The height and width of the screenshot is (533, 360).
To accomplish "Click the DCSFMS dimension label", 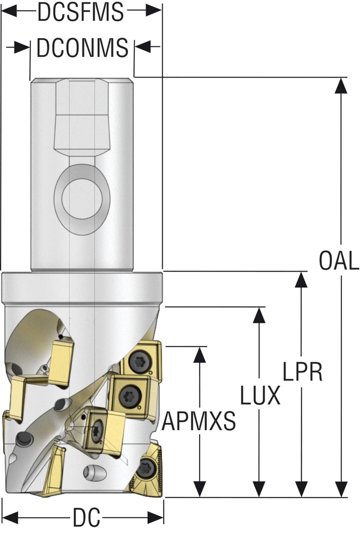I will coord(81,12).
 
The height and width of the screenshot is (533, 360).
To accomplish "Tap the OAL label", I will coord(339,261).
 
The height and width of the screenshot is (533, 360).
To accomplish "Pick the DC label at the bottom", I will coord(86,518).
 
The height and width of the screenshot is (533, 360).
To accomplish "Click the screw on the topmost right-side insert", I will coord(140,362).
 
